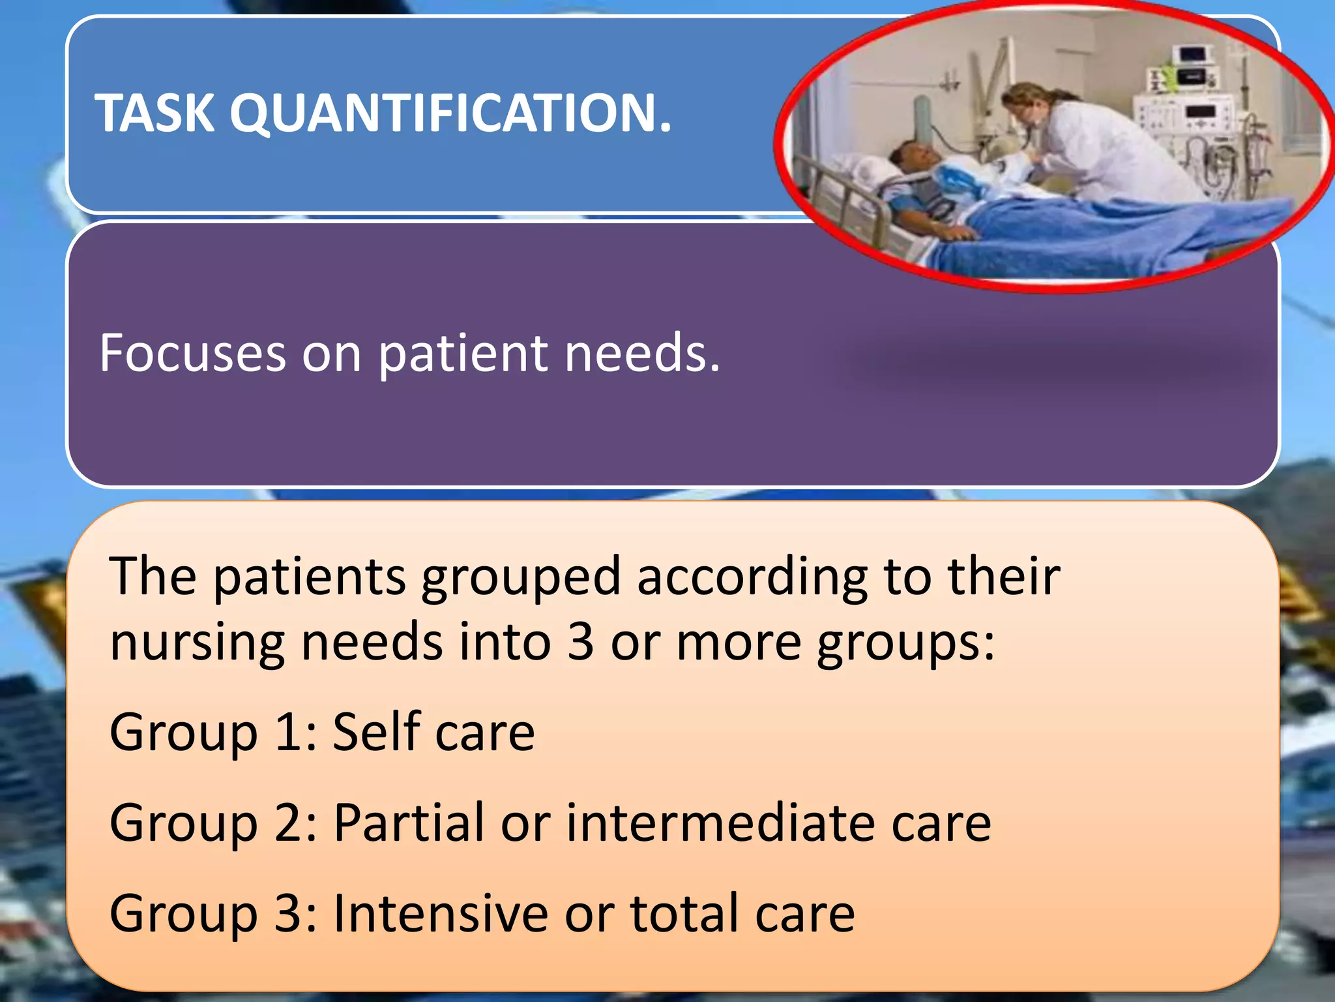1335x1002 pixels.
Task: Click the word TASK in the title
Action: coord(154,113)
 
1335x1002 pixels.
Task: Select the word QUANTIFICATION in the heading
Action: coord(450,114)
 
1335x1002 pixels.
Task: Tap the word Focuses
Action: coord(192,353)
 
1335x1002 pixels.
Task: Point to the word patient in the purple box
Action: coord(462,354)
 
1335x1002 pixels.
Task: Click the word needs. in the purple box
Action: coord(642,353)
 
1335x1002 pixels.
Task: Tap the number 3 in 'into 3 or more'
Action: coord(580,642)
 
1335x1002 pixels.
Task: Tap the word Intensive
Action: coord(441,913)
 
